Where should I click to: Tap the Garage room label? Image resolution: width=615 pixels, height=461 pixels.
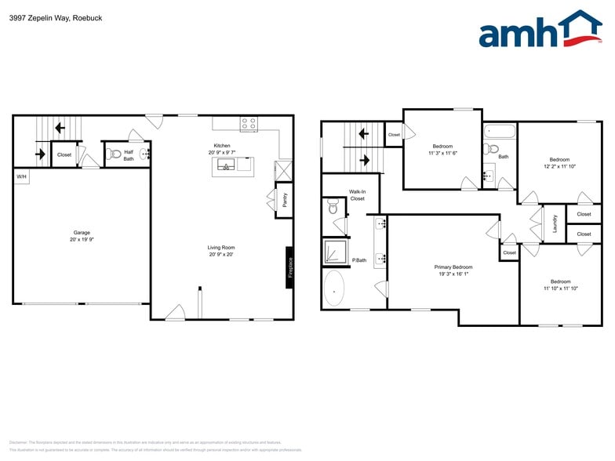click(82, 233)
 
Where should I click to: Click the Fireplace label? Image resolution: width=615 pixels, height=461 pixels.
click(289, 267)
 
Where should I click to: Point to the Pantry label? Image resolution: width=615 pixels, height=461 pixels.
click(284, 201)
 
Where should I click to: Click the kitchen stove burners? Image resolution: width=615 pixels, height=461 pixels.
click(249, 124)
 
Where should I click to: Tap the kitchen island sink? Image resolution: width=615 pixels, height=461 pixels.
click(226, 165)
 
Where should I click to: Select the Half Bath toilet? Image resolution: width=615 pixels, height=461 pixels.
click(113, 154)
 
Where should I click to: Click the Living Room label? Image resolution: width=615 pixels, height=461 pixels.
click(222, 248)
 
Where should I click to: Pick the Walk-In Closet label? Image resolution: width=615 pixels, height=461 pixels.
click(357, 195)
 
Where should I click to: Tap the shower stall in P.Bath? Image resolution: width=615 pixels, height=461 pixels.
click(335, 252)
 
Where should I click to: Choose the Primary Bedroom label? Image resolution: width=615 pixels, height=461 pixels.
click(453, 267)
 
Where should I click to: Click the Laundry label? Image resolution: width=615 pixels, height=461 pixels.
click(555, 223)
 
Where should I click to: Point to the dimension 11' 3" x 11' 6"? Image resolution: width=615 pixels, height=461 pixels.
click(442, 153)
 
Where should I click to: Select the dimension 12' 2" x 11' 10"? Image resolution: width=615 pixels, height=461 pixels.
click(560, 166)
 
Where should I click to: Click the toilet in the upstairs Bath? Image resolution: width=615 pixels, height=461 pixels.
click(493, 147)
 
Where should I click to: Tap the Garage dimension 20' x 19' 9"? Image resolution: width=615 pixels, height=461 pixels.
click(82, 240)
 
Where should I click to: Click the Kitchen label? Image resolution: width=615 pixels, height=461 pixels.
click(222, 145)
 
